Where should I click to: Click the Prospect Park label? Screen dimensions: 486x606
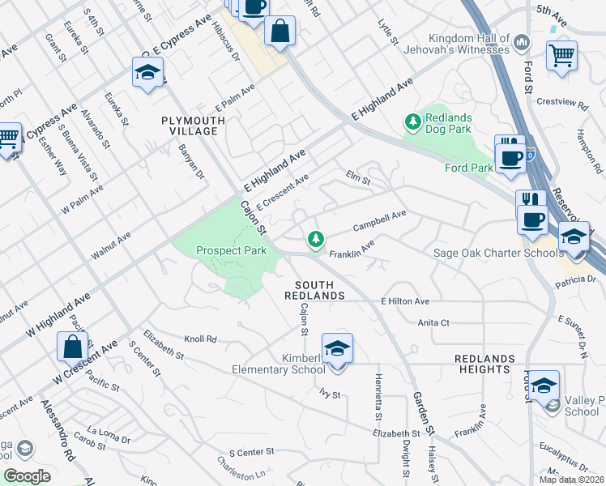tap(232, 251)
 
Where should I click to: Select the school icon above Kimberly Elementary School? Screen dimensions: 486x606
tap(338, 348)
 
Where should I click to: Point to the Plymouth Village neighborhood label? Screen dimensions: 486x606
tap(190, 126)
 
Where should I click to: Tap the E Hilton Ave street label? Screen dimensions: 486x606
tap(405, 301)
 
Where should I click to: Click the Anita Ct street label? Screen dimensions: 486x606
tap(433, 322)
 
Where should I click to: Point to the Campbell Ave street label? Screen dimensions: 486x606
tap(379, 220)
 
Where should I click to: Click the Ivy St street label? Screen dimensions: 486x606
tap(330, 395)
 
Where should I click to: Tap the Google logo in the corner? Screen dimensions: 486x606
tap(27, 476)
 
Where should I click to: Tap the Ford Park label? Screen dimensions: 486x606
tap(469, 168)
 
